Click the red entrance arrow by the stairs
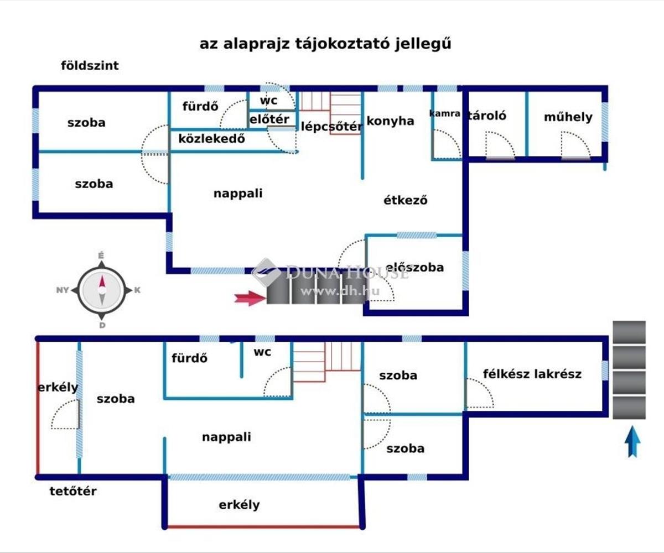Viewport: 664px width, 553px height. click(250, 298)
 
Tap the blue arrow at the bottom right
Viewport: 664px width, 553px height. click(632, 442)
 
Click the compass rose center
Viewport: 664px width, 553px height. click(102, 290)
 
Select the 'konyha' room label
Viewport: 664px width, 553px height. click(390, 121)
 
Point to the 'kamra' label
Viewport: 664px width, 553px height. click(444, 113)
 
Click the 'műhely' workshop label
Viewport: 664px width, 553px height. click(568, 117)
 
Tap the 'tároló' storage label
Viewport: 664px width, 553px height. click(487, 116)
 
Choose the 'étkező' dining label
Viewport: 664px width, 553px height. click(406, 200)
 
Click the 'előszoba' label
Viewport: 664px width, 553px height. click(414, 267)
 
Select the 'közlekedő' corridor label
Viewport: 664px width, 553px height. click(211, 139)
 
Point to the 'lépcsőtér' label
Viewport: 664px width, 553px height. click(331, 127)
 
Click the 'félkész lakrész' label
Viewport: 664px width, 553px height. click(532, 374)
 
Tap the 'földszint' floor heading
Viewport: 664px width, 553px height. click(90, 66)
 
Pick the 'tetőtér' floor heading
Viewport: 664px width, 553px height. click(73, 492)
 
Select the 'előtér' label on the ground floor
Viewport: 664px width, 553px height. click(269, 119)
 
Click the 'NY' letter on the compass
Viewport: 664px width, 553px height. click(63, 290)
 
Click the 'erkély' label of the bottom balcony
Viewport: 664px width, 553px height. click(239, 505)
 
